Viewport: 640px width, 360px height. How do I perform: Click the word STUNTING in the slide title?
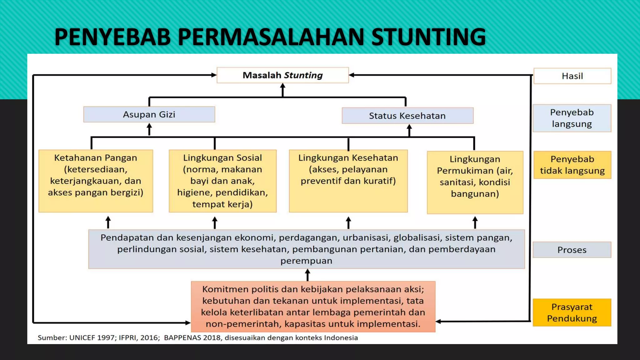coord(428,37)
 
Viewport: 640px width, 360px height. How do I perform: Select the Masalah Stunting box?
coord(282,75)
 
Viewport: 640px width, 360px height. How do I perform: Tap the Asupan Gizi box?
coord(149,114)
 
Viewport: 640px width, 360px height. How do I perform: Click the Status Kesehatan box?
coord(407,116)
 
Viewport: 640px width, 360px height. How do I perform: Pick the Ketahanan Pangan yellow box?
coord(96,181)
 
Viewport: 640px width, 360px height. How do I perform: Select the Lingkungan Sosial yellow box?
coord(222,181)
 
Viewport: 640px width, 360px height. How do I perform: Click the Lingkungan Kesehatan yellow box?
coord(348,181)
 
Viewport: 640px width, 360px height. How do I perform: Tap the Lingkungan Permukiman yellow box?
coord(475,182)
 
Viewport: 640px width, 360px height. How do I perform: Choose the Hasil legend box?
coord(572,76)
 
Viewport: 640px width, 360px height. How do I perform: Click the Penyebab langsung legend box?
coord(572,118)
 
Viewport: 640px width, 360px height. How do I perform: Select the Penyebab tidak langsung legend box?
coord(572,165)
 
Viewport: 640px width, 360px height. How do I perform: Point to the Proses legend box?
coord(572,250)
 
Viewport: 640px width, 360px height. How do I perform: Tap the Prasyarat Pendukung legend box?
coord(572,312)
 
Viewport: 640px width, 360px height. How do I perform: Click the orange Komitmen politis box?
coord(313,306)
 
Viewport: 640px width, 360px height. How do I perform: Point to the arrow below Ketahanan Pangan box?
coord(108,222)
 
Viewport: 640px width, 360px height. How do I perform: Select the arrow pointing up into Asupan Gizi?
coord(149,129)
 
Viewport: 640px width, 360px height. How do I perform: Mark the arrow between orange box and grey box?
coord(307,275)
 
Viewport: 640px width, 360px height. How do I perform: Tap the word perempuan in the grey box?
coord(306,261)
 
